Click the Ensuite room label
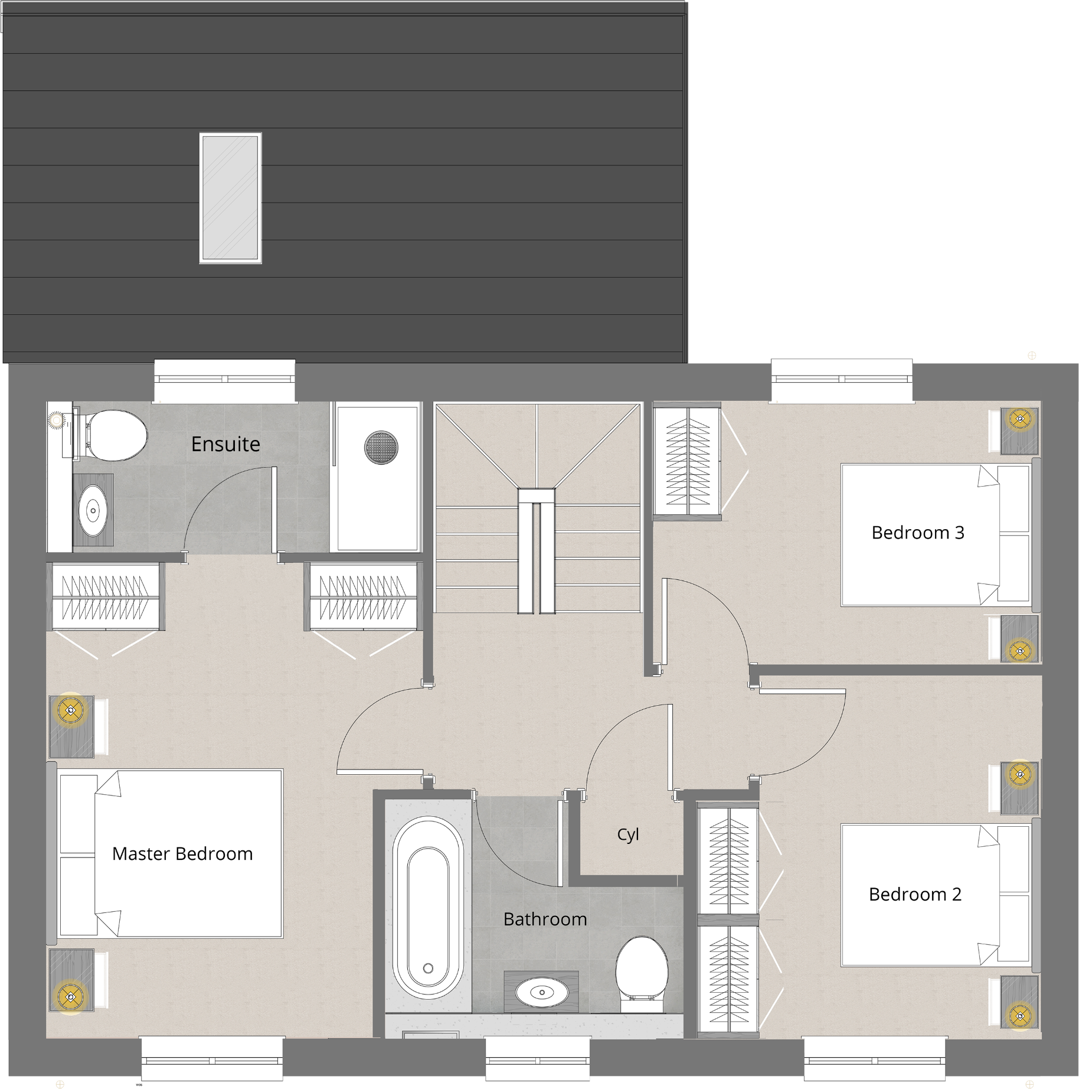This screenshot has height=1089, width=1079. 225,444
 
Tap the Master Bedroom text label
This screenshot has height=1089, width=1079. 182,853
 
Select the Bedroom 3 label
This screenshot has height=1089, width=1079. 918,533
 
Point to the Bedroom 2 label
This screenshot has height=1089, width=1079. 915,894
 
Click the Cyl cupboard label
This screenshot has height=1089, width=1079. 628,834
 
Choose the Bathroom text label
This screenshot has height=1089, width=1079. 545,919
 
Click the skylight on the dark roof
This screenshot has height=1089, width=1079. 230,198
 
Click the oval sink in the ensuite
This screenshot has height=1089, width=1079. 93,510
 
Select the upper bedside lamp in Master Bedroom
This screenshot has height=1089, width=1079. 70,710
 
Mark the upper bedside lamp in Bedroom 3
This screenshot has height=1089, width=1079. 1019,419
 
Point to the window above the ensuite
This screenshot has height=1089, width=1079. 224,380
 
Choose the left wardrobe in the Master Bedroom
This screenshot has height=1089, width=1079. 105,596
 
